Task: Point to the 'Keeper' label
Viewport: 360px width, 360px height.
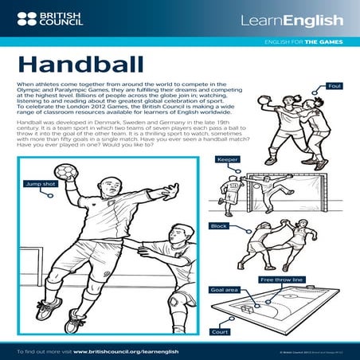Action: pos(227,159)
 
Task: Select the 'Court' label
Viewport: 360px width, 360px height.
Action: pos(220,331)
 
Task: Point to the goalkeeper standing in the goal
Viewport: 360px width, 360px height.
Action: pos(233,191)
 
